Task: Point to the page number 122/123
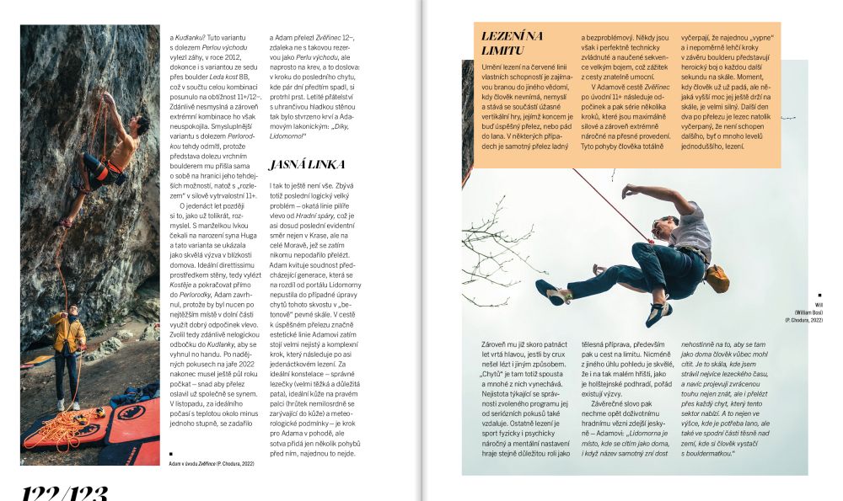click(x=64, y=491)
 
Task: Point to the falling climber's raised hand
click(x=628, y=191)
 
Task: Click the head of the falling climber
click(x=665, y=226)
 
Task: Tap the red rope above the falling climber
click(x=603, y=202)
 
